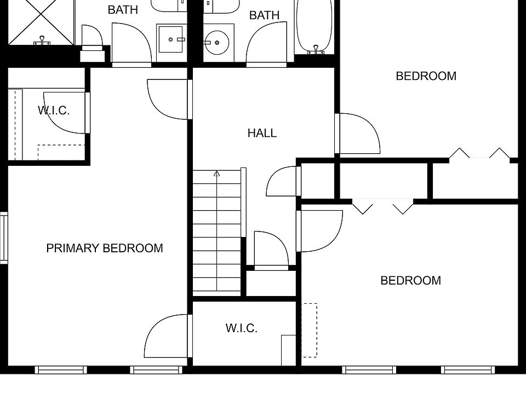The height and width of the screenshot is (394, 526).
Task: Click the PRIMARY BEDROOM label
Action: (x=104, y=248)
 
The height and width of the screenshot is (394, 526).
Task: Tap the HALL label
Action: (x=262, y=133)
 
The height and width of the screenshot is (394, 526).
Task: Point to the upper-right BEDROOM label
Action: (x=426, y=76)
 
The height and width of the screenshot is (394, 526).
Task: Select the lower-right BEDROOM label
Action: (x=410, y=281)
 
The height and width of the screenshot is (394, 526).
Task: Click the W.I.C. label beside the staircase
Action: (x=241, y=328)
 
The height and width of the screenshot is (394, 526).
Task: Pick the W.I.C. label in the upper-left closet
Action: (x=54, y=111)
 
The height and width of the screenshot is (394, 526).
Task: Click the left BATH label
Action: (x=123, y=10)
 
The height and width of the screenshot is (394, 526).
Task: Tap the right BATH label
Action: (x=264, y=15)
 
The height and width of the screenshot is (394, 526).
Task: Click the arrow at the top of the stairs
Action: (x=216, y=175)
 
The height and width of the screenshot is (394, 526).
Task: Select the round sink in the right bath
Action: (x=218, y=41)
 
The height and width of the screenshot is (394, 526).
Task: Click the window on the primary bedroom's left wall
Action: (x=3, y=238)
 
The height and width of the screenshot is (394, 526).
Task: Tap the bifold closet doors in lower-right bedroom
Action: (x=382, y=207)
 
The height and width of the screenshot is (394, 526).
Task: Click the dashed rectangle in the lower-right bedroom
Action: (x=310, y=330)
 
